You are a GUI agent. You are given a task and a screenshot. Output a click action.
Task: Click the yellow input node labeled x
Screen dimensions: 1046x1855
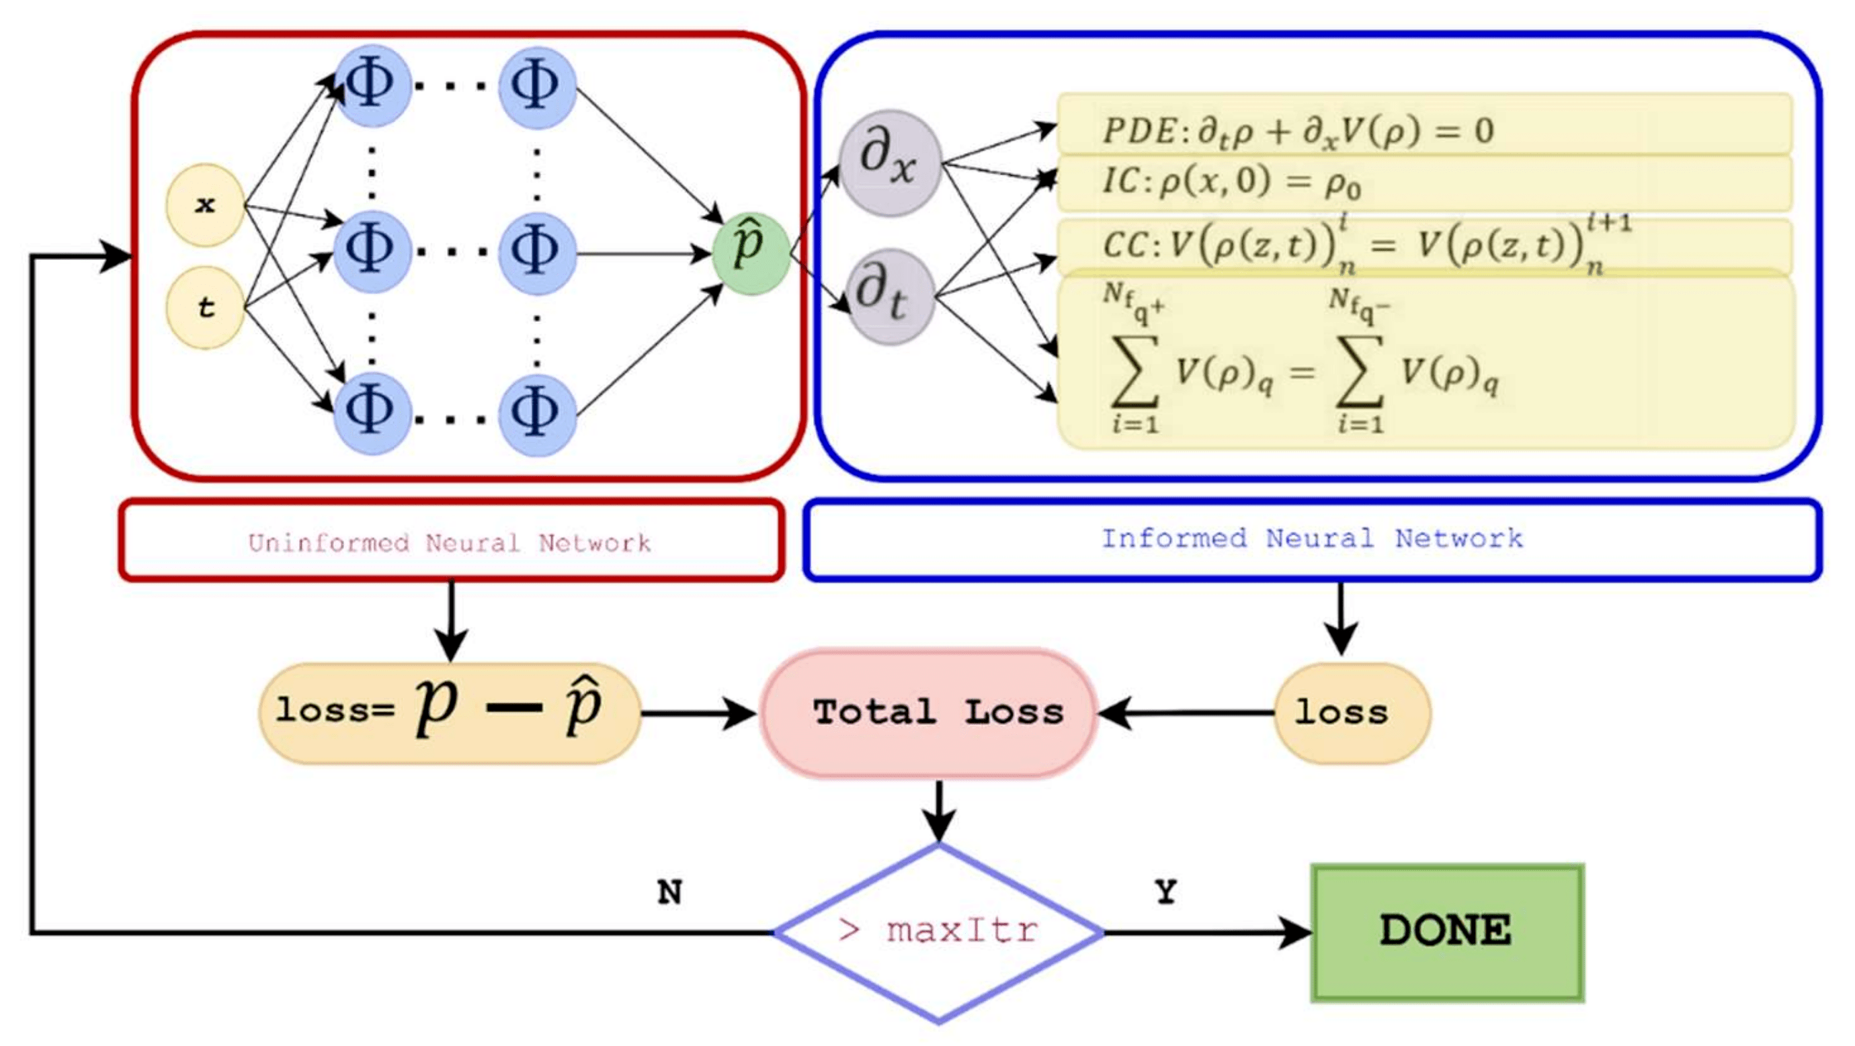tap(205, 205)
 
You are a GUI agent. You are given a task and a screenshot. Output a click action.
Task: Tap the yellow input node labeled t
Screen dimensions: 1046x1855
tap(205, 308)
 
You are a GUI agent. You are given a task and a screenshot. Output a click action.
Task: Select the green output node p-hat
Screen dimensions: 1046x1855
tap(750, 253)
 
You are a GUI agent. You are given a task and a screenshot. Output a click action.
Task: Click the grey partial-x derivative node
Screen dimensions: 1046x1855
tap(891, 163)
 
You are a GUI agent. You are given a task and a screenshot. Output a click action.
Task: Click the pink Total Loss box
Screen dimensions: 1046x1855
tap(929, 713)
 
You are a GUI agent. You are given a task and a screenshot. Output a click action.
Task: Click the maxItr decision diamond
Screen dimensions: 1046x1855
tap(938, 933)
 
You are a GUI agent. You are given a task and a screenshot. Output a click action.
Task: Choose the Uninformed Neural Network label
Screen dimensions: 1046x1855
tap(450, 541)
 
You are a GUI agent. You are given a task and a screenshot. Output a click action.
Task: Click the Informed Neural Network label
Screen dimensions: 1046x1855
tap(1312, 539)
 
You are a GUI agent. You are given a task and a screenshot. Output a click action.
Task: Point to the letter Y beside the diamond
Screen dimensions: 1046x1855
tap(1166, 893)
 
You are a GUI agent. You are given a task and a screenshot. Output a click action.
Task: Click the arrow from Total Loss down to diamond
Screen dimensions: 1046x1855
tap(938, 810)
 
